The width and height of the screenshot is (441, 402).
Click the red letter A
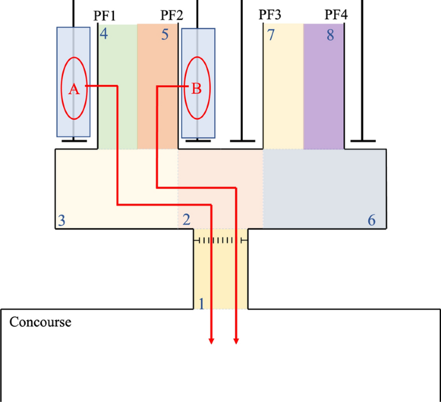point(73,90)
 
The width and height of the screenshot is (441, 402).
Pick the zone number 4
point(104,34)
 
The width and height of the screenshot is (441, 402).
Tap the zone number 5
point(165,34)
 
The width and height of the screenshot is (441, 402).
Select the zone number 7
point(270,35)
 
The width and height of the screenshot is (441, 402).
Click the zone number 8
point(330,35)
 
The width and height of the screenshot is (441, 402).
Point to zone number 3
point(61,220)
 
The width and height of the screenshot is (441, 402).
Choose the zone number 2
point(186,220)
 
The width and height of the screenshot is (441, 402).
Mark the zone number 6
point(371,220)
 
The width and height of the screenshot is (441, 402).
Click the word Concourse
point(40,321)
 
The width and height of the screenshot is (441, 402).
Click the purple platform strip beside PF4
point(324,90)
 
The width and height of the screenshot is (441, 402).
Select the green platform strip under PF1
point(117,97)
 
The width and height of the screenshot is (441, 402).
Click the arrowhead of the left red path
point(212,341)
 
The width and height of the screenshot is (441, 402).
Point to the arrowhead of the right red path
point(236,341)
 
